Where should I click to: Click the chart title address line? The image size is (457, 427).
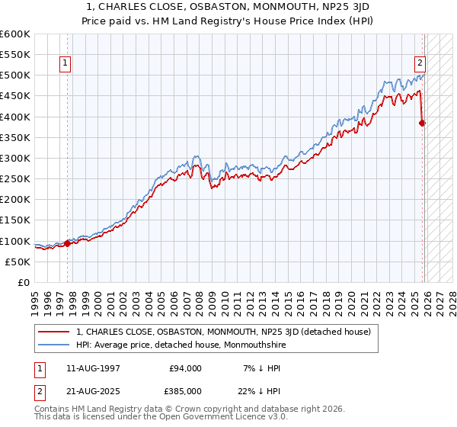click(x=228, y=6)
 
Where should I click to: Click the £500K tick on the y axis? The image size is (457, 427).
click(x=15, y=75)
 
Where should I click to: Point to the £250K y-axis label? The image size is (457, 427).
click(x=15, y=178)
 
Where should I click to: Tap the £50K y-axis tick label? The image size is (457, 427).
click(x=18, y=262)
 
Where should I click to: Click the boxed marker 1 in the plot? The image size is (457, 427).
click(x=66, y=63)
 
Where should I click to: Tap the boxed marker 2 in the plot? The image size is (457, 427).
click(x=420, y=63)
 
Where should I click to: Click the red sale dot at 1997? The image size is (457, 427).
click(x=67, y=243)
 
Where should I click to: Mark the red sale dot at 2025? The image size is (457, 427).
click(x=423, y=123)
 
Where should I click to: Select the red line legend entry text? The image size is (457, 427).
click(x=223, y=332)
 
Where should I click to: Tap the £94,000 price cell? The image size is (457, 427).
click(x=184, y=368)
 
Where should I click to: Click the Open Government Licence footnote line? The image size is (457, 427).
click(x=161, y=418)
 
